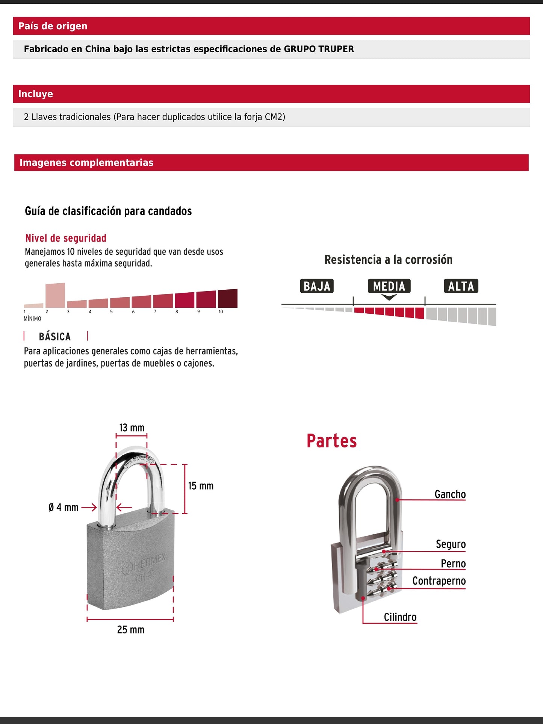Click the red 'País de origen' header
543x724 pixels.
53,26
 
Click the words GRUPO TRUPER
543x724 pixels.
319,49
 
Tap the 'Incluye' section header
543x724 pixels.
36,94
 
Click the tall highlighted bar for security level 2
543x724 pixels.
55,295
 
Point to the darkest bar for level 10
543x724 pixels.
227,298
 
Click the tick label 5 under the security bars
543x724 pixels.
111,311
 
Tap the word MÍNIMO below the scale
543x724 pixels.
32,319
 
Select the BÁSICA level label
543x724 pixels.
55,336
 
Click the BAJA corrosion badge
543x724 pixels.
317,286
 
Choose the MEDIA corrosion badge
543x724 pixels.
389,286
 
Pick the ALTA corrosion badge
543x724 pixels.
461,286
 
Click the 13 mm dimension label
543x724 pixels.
132,428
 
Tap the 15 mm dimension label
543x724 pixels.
201,486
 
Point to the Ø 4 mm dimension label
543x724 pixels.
64,508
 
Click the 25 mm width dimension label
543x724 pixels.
130,630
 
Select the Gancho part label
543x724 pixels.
450,494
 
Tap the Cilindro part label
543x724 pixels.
400,617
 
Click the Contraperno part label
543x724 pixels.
439,581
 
